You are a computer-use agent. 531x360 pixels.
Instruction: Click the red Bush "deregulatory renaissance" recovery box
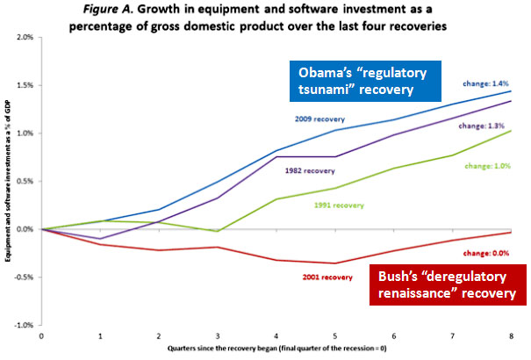pos(446,284)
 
